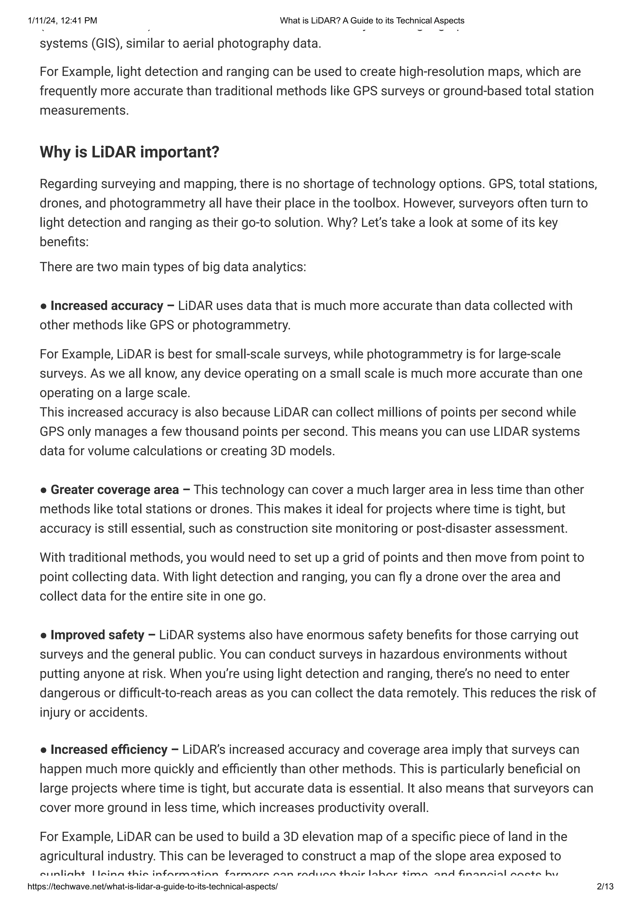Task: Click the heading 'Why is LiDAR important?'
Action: click(129, 152)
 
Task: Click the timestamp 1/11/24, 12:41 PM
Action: click(62, 21)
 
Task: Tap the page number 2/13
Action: click(605, 887)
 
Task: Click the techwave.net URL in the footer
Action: click(152, 887)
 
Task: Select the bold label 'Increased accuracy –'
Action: click(112, 306)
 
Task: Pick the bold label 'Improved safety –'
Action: click(103, 635)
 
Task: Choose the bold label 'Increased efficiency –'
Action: click(115, 749)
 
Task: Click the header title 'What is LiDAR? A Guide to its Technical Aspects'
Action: click(372, 21)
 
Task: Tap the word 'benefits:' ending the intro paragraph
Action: click(64, 242)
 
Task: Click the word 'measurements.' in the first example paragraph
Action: click(84, 110)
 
